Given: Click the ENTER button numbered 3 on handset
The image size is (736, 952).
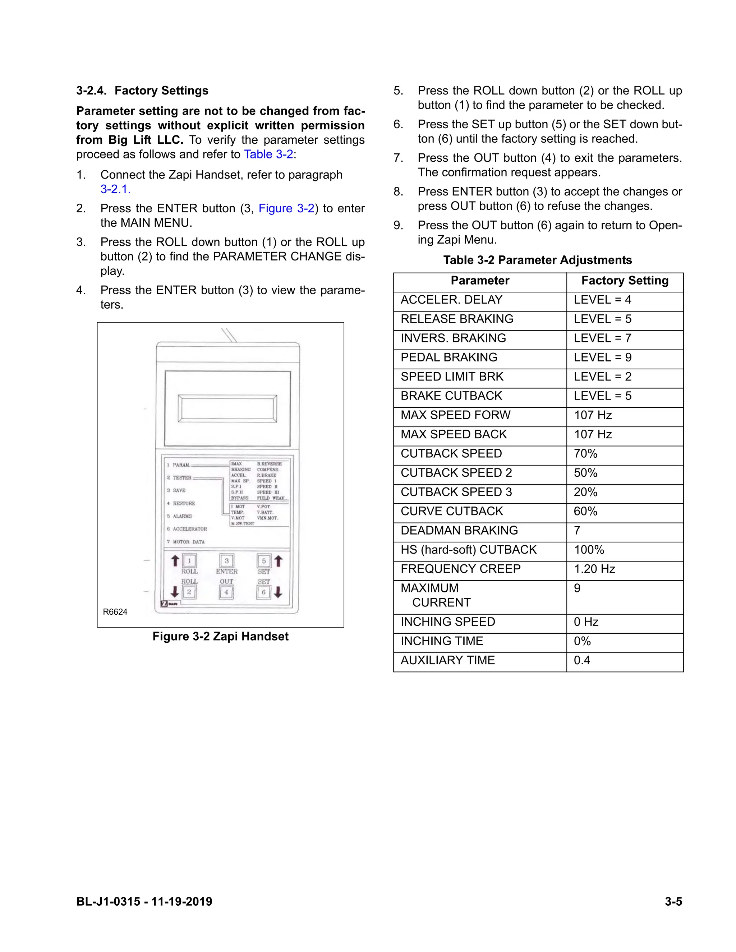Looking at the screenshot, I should pos(226,560).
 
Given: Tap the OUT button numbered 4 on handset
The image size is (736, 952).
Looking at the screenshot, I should pos(226,592).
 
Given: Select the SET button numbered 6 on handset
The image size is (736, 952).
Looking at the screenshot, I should pos(264,592).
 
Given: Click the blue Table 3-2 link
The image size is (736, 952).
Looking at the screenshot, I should pos(268,154).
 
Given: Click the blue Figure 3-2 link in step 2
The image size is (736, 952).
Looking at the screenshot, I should pos(286,208).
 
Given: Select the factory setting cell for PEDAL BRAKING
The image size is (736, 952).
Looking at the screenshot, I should pos(624,357).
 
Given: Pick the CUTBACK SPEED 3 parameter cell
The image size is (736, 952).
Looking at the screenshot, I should pos(480,492).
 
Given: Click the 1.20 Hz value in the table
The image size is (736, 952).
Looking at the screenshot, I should pos(594,569).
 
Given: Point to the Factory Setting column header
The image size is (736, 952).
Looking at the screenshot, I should pos(624,281).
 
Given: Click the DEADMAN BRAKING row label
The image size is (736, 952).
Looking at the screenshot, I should pos(459,531).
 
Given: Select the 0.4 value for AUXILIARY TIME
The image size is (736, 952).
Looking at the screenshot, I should pos(582,660).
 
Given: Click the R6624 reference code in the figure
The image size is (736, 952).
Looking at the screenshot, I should pos(115,611).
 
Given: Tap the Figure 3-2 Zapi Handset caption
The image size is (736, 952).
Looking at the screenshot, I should pos(220,637).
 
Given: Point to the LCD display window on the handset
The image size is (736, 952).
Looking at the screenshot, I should pos(227,409).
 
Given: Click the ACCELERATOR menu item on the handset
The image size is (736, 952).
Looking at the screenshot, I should pos(190,529).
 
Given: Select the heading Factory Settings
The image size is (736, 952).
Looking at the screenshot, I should pos(161,91).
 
